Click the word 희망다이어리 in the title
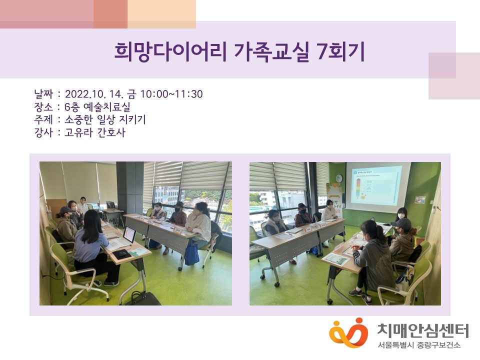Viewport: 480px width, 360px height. click(x=170, y=51)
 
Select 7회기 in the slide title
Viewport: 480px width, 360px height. click(x=341, y=51)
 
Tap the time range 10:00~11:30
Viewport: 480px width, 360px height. click(x=171, y=94)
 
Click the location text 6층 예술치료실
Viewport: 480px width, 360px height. click(x=97, y=107)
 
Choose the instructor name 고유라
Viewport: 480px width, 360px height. click(x=78, y=132)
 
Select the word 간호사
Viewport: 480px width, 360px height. click(x=111, y=132)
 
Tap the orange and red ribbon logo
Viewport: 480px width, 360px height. click(x=348, y=333)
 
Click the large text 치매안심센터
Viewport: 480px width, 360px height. click(x=423, y=330)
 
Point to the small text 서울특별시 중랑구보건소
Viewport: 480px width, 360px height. click(x=419, y=345)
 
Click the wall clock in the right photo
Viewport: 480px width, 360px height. click(x=338, y=178)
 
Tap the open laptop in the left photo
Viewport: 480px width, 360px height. click(x=129, y=235)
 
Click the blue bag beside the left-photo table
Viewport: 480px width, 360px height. click(x=191, y=254)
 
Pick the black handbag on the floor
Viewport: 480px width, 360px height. click(x=143, y=298)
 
